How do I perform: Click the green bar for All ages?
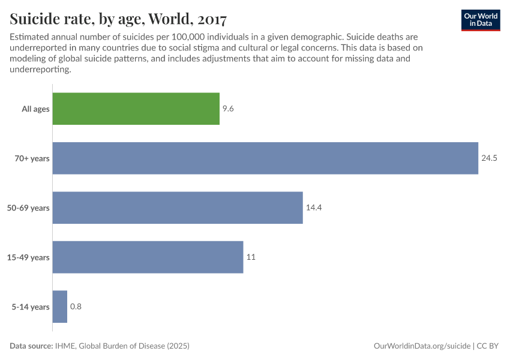pyautogui.click(x=136, y=109)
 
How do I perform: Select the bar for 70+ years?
pyautogui.click(x=265, y=158)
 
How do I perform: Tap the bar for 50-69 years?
pyautogui.click(x=178, y=208)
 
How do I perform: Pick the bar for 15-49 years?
pyautogui.click(x=148, y=257)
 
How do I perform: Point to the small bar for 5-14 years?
pyautogui.click(x=60, y=307)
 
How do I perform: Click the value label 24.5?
pyautogui.click(x=489, y=158)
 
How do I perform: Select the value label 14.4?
pyautogui.click(x=314, y=208)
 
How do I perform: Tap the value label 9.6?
pyautogui.click(x=227, y=109)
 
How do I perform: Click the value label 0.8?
pyautogui.click(x=76, y=307)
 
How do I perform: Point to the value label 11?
pyautogui.click(x=251, y=257)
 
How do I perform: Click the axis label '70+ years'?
pyautogui.click(x=32, y=158)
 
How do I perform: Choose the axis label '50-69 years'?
pyautogui.click(x=28, y=208)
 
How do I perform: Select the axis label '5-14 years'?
pyautogui.click(x=30, y=307)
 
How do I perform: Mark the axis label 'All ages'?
pyautogui.click(x=35, y=109)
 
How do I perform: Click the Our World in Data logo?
pyautogui.click(x=480, y=20)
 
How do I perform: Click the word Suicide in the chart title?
pyautogui.click(x=34, y=20)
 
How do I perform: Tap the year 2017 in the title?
pyautogui.click(x=208, y=20)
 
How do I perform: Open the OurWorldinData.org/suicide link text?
pyautogui.click(x=421, y=346)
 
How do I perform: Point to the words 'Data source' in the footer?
pyautogui.click(x=31, y=346)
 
